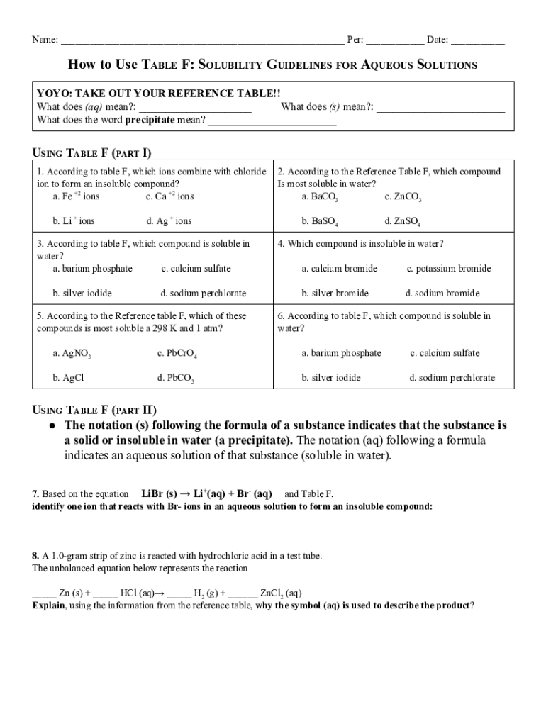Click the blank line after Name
click(x=202, y=40)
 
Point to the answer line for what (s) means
click(x=440, y=108)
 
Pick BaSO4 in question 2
click(x=319, y=222)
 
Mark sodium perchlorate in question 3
click(x=204, y=294)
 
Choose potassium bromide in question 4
click(x=448, y=269)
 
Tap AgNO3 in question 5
click(x=72, y=354)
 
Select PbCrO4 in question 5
click(x=177, y=354)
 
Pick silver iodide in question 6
click(x=330, y=378)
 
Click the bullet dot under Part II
click(x=52, y=426)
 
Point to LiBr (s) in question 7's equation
click(x=159, y=493)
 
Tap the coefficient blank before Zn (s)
click(x=44, y=593)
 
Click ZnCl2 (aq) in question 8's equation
click(x=281, y=593)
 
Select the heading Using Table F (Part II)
click(x=95, y=410)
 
